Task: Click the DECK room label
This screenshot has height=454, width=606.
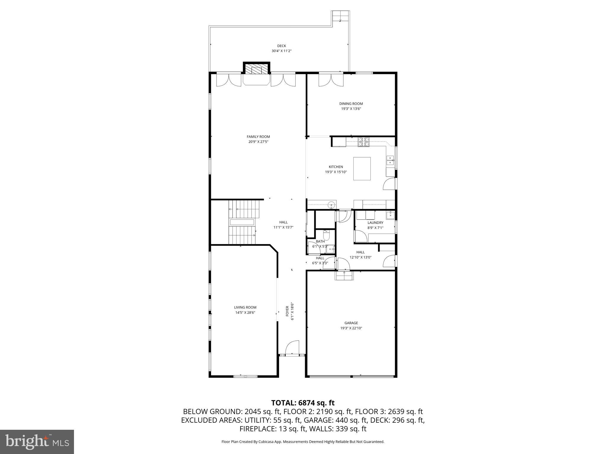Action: click(x=281, y=46)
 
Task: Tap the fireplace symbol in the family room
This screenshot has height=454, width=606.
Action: click(x=257, y=70)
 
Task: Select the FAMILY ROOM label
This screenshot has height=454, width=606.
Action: click(x=258, y=137)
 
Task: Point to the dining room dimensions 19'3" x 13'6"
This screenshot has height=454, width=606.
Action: click(x=351, y=109)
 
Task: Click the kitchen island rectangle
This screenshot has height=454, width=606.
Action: click(x=362, y=168)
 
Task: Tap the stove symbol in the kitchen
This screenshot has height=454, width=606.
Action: click(x=364, y=142)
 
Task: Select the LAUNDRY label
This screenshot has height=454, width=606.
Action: click(x=375, y=223)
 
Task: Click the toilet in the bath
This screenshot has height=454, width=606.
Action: click(x=327, y=235)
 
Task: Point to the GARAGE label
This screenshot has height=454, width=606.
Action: click(x=351, y=323)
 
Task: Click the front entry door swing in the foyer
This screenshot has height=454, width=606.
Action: click(x=292, y=348)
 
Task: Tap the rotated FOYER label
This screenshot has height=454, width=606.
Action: click(x=287, y=311)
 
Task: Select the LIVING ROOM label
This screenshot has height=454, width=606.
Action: click(x=245, y=307)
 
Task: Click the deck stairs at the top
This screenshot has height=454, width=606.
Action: click(x=341, y=16)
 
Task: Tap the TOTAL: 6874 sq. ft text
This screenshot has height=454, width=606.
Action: click(x=303, y=403)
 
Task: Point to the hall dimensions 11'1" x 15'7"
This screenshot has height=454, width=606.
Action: click(x=283, y=227)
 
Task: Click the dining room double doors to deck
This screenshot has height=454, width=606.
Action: click(x=331, y=80)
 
